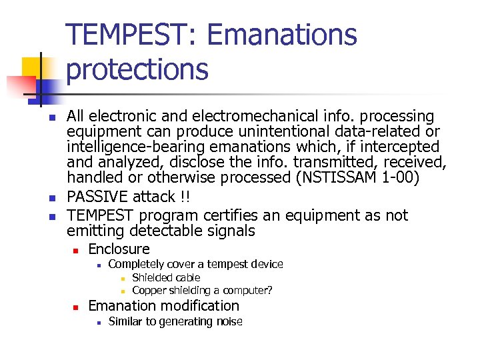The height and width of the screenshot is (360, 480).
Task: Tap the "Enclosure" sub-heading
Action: [x=119, y=249]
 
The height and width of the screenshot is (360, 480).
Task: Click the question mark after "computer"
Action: [x=269, y=290]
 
